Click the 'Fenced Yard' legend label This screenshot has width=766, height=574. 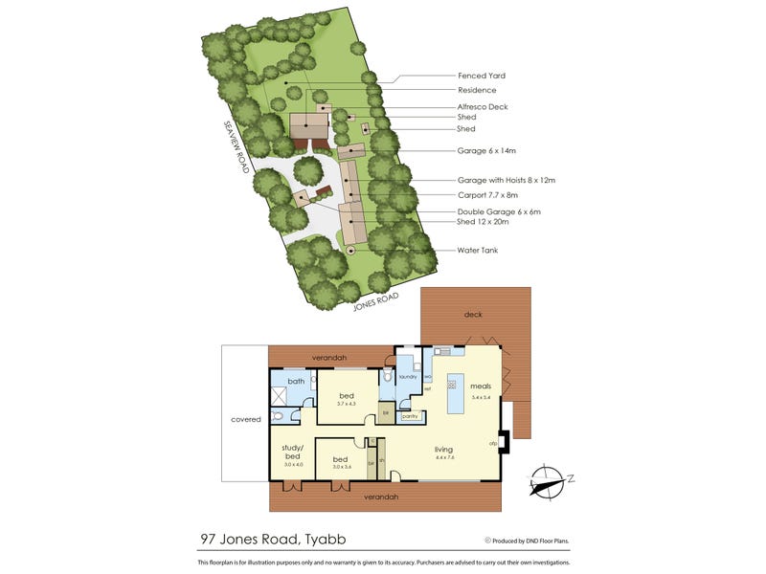[482, 76]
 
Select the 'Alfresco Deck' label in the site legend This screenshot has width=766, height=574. [483, 106]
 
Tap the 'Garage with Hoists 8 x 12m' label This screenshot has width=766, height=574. [507, 180]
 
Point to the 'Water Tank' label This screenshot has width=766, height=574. [477, 251]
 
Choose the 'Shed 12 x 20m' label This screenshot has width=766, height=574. [484, 221]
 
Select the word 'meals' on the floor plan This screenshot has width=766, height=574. [481, 386]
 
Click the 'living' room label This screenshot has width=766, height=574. [443, 449]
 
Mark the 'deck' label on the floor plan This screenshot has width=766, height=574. [473, 314]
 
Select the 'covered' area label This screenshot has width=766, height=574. [245, 419]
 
